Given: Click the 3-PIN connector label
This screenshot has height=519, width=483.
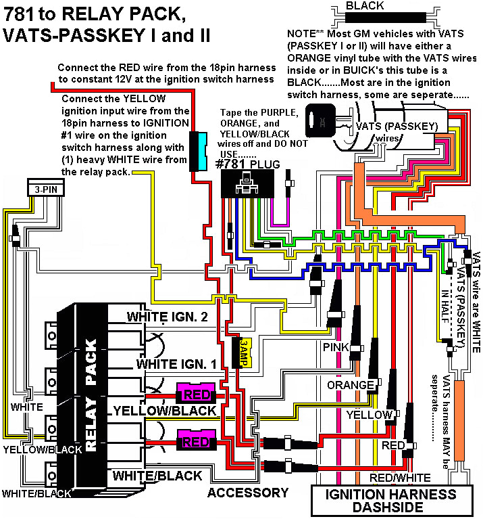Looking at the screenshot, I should click(x=42, y=189).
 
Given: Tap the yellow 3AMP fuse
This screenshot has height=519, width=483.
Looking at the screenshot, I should click(x=241, y=352).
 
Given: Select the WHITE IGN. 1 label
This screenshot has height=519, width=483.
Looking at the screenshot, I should click(x=176, y=364).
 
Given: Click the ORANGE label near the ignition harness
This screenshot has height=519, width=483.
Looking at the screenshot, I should click(x=350, y=385).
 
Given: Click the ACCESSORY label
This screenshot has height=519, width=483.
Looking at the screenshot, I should click(x=248, y=493).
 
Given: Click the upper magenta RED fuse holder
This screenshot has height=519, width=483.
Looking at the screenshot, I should click(x=195, y=393).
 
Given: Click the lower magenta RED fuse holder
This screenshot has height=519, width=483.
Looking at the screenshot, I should click(x=195, y=442).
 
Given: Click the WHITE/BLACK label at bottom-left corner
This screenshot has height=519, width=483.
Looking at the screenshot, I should click(x=36, y=493).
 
